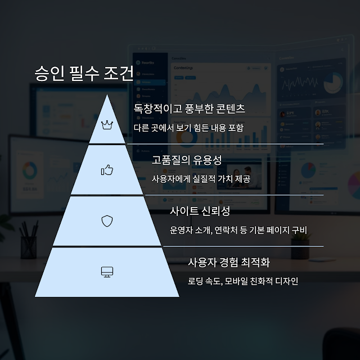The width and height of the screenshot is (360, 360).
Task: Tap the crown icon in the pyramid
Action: (x=107, y=124)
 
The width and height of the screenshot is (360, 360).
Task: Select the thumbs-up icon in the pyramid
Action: (x=107, y=169)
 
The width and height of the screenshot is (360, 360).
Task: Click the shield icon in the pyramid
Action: (x=107, y=220)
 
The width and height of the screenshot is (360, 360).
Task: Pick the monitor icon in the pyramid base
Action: (x=107, y=272)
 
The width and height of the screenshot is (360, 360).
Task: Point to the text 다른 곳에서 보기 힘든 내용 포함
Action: (x=188, y=127)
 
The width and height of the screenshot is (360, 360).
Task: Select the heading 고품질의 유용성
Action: (x=187, y=160)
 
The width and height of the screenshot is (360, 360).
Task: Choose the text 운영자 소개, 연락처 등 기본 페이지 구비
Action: (x=238, y=229)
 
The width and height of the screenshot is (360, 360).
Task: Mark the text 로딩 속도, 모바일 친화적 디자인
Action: (x=243, y=281)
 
